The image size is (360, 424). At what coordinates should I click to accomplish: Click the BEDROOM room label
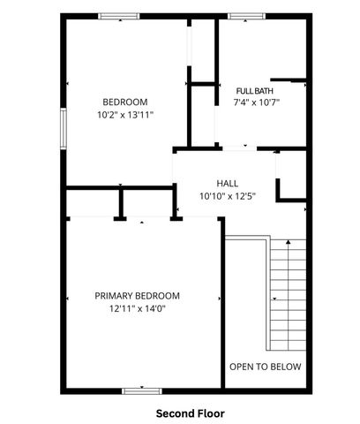(125, 102)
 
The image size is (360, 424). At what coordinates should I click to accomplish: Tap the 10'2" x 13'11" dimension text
(125, 114)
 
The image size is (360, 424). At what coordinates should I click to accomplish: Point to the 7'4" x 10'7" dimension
(257, 102)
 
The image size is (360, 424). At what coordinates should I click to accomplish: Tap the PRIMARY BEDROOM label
(138, 296)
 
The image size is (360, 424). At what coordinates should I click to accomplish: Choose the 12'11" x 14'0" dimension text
(138, 308)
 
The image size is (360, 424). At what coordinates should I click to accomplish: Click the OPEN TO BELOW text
(265, 367)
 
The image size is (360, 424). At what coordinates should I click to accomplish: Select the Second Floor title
(191, 413)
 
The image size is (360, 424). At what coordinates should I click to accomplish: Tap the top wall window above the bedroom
(118, 16)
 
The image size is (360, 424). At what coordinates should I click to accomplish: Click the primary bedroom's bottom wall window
(142, 390)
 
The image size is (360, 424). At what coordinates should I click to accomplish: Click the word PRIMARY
(116, 296)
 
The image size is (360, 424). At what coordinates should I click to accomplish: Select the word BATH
(268, 91)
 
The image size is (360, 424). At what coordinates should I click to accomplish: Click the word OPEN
(242, 367)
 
